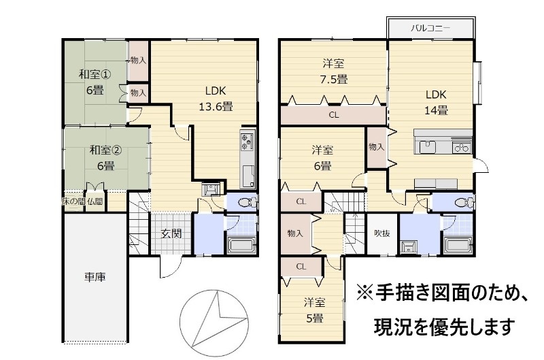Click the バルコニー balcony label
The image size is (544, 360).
(x=430, y=28)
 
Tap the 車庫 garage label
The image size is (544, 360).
(x=95, y=277)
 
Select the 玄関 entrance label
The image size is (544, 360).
(x=171, y=233)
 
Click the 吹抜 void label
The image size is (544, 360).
(x=382, y=233)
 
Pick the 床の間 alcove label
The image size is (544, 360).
(x=73, y=201)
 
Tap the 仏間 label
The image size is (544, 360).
(x=95, y=201)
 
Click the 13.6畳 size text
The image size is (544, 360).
(x=216, y=106)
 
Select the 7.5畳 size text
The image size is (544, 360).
(x=333, y=79)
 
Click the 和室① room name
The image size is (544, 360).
(x=95, y=74)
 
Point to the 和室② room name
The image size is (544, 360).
(x=105, y=150)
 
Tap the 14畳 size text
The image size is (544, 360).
(x=436, y=110)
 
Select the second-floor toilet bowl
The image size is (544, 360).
(x=463, y=202)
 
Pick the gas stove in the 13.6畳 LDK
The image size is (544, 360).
(x=247, y=141)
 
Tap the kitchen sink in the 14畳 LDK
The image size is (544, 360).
(x=428, y=147)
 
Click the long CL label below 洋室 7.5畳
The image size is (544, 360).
(x=334, y=115)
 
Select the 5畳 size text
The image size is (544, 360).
(x=314, y=318)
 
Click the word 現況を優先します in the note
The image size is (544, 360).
(x=445, y=327)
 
